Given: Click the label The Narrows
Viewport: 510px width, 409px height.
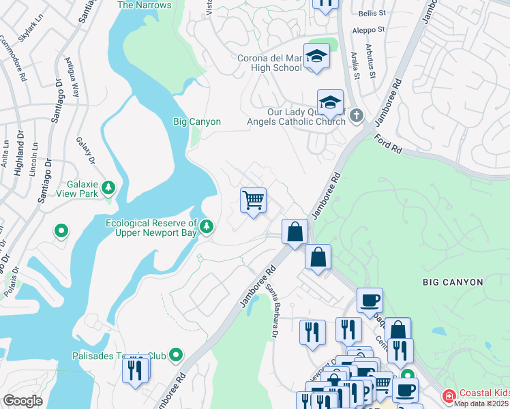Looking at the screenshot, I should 145,5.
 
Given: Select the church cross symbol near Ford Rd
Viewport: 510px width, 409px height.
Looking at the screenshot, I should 356,117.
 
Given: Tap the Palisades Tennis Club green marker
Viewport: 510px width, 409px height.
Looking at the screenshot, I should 177,354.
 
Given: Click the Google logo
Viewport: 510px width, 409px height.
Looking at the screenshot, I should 22,401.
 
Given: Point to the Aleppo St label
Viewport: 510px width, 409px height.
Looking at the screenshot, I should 369,30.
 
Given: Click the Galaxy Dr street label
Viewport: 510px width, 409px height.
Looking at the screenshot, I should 86,150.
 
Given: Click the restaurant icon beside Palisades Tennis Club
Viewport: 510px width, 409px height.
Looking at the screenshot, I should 135,370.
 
